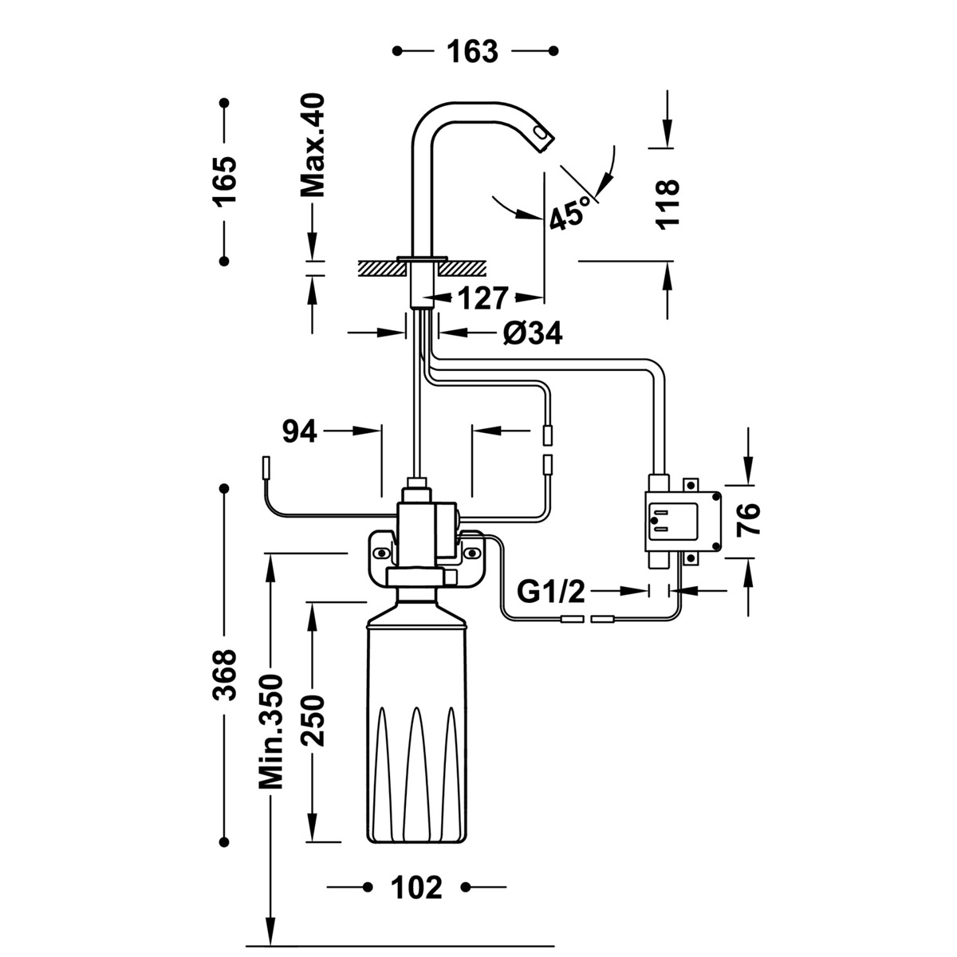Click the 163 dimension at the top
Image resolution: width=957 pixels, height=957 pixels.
click(471, 51)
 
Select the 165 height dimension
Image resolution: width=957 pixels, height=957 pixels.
click(225, 182)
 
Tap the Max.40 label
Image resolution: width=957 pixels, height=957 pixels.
click(313, 146)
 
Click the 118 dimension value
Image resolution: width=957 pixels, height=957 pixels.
click(667, 204)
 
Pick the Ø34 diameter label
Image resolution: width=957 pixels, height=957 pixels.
click(533, 334)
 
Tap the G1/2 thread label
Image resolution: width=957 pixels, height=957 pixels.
click(551, 591)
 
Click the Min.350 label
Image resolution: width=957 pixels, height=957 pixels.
click(271, 731)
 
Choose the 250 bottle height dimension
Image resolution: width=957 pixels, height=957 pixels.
click(313, 720)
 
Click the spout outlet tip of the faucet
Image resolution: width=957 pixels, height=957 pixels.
click(542, 140)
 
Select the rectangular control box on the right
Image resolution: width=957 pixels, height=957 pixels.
click(682, 521)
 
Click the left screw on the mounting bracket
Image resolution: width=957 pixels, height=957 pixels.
click(383, 553)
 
